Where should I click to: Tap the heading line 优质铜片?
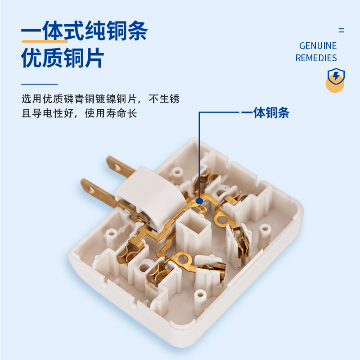coord(63,58)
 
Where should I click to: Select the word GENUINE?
coord(318,46)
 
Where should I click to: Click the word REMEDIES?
coord(316,58)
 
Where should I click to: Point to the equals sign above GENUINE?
coord(341,31)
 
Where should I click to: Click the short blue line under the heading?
coord(40,84)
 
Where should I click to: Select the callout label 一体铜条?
coord(265,112)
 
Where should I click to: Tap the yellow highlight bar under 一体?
coord(45,41)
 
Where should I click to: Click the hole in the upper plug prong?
coord(118,169)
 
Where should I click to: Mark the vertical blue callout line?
coord(199,153)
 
